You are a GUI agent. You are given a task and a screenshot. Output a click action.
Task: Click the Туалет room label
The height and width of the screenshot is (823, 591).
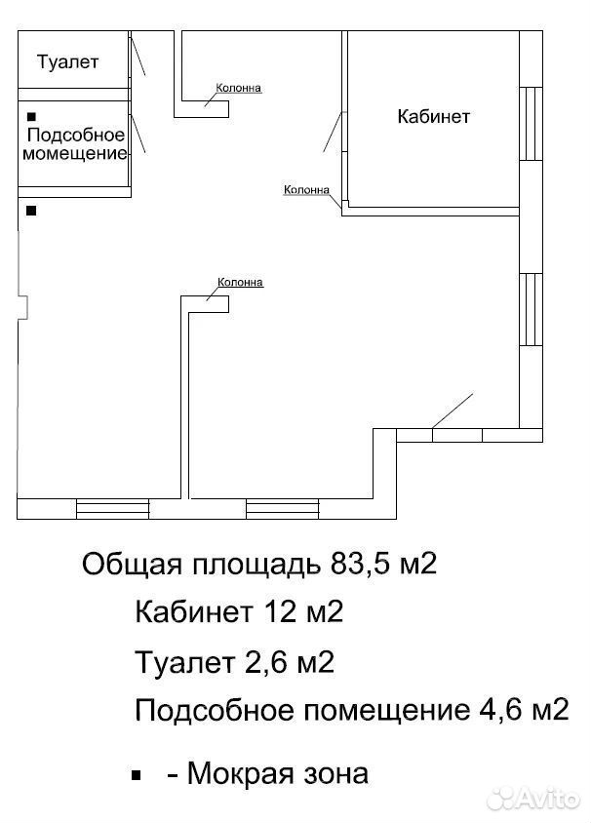click(x=67, y=62)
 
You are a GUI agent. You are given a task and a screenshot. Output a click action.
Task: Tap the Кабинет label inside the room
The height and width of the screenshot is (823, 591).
click(x=434, y=116)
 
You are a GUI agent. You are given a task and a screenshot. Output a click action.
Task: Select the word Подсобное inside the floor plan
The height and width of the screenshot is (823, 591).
click(x=76, y=135)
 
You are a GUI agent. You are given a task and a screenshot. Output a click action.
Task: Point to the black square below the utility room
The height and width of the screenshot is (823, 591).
click(x=31, y=211)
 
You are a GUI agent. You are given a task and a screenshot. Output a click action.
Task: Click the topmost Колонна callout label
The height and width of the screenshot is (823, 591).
click(x=238, y=88)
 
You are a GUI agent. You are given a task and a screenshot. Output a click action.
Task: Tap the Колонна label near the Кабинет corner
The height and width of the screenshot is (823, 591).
click(x=306, y=189)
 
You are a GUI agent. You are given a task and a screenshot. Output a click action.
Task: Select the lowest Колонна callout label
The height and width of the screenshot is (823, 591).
click(x=240, y=283)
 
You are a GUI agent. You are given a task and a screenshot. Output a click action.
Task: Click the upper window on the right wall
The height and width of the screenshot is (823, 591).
click(x=531, y=123)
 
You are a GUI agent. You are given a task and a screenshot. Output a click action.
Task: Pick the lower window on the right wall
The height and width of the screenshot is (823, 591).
click(x=531, y=309)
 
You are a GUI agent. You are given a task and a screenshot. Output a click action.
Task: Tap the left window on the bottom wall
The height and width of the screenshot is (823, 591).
click(x=113, y=509)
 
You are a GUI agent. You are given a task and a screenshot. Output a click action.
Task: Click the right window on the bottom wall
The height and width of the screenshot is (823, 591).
click(x=283, y=509)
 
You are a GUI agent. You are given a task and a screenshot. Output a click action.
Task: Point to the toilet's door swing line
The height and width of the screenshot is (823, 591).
click(x=138, y=54)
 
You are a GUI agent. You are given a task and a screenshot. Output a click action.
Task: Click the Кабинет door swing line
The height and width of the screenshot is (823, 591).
click(x=333, y=132)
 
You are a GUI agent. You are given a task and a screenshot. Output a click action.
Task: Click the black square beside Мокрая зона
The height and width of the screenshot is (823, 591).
click(x=137, y=774)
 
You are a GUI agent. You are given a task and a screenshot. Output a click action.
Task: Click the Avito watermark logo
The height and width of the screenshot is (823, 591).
click(x=532, y=800)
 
